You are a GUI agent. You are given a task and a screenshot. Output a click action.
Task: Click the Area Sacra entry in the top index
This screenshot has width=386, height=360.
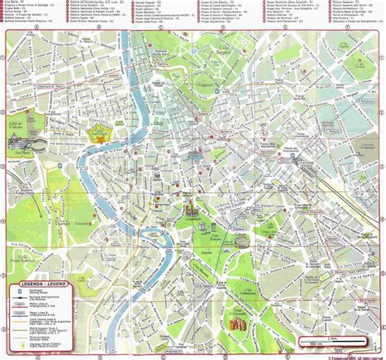pyautogui.click(x=16, y=3)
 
